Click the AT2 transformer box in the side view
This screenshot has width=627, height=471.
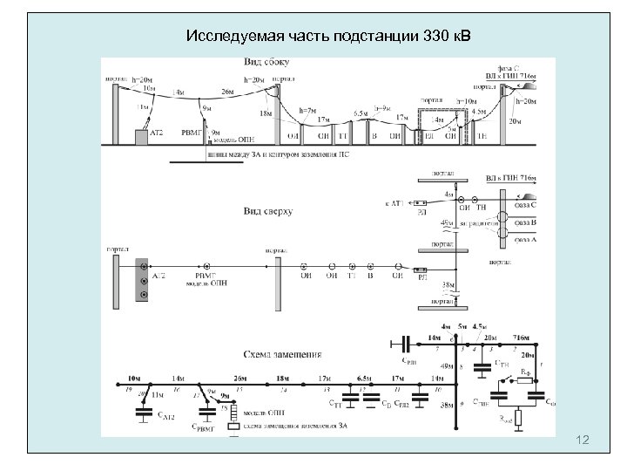(x=142, y=136)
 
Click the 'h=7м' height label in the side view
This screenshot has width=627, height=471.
(x=306, y=111)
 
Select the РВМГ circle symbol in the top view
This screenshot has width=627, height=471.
(x=210, y=266)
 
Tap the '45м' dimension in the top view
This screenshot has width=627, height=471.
(x=447, y=224)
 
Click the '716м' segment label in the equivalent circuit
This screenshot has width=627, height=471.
(x=521, y=337)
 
